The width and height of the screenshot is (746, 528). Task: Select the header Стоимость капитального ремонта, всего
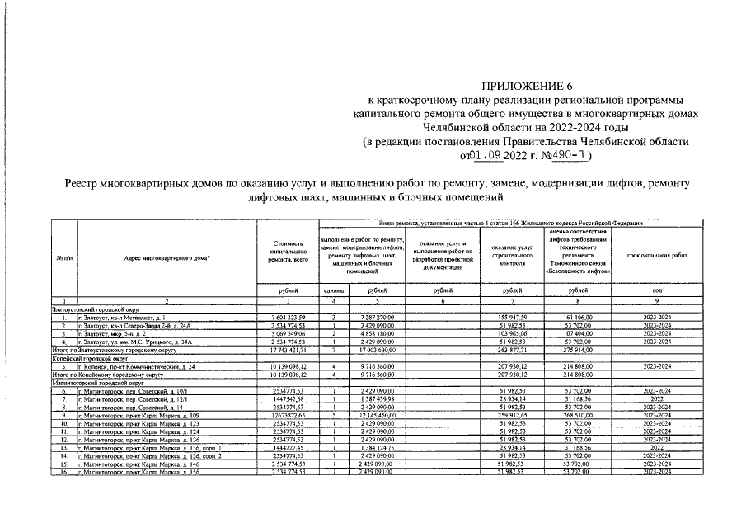289,252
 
